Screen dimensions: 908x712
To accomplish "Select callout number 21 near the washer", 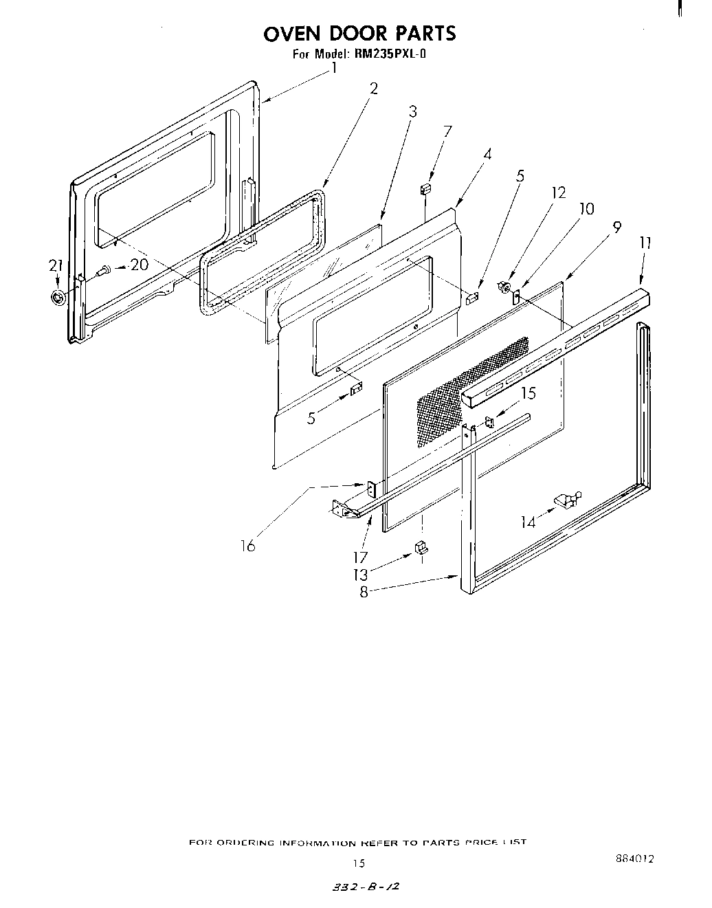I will pyautogui.click(x=55, y=265).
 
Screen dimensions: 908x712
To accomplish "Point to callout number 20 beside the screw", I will pyautogui.click(x=140, y=265).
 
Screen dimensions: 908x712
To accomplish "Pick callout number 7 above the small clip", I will pyautogui.click(x=447, y=131).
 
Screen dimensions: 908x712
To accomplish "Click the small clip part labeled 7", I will pyautogui.click(x=425, y=188).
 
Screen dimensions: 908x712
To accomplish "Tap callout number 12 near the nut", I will pyautogui.click(x=558, y=193).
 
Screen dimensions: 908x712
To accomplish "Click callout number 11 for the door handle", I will pyautogui.click(x=645, y=243).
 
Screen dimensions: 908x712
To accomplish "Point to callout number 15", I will pyautogui.click(x=527, y=394).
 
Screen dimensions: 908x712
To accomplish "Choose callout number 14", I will pyautogui.click(x=528, y=522).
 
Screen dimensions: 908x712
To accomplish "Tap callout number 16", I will pyautogui.click(x=247, y=546).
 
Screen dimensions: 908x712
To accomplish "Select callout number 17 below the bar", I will pyautogui.click(x=359, y=557).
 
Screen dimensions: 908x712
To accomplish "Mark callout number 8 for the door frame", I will pyautogui.click(x=364, y=591).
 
